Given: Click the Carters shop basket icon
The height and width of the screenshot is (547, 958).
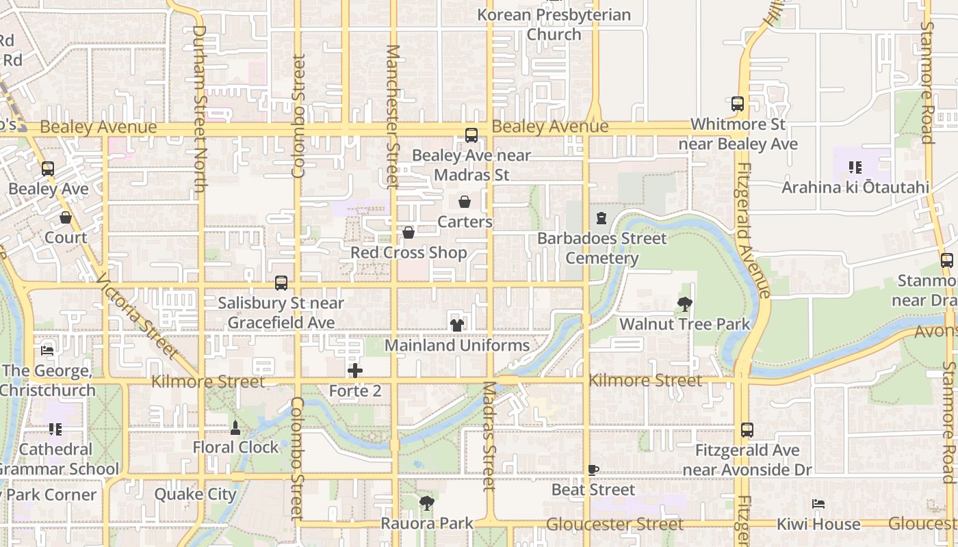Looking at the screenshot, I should click(465, 202).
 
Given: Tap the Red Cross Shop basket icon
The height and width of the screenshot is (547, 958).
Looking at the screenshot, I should click(409, 233).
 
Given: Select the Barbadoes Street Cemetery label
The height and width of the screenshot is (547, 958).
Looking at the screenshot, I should click(601, 248).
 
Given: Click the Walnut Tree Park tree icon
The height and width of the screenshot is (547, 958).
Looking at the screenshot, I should click(684, 304).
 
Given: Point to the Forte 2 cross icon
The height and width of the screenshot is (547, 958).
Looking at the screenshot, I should click(355, 371).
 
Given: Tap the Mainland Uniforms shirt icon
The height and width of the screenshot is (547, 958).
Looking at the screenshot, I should click(457, 325).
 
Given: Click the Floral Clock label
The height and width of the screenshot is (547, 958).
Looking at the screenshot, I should click(236, 447).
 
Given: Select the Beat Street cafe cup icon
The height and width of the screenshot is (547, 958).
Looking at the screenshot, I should click(593, 470).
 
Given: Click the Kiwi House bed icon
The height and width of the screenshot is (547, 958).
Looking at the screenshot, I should click(818, 504).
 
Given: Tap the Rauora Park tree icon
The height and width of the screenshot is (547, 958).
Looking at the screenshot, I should click(427, 504).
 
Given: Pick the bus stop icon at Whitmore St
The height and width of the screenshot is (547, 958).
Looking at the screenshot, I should click(738, 104).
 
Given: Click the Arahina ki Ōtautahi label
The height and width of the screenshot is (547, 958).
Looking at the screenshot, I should click(855, 187).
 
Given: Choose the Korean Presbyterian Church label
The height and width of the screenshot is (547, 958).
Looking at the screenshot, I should click(554, 24).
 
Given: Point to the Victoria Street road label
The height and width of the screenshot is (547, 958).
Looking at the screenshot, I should click(137, 316).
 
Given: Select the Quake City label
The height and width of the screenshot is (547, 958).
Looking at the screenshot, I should click(195, 494).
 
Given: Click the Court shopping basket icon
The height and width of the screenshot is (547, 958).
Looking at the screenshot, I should click(66, 218).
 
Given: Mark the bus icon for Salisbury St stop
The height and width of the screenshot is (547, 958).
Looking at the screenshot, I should click(281, 282).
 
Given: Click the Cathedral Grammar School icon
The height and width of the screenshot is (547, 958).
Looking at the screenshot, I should click(55, 429).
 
